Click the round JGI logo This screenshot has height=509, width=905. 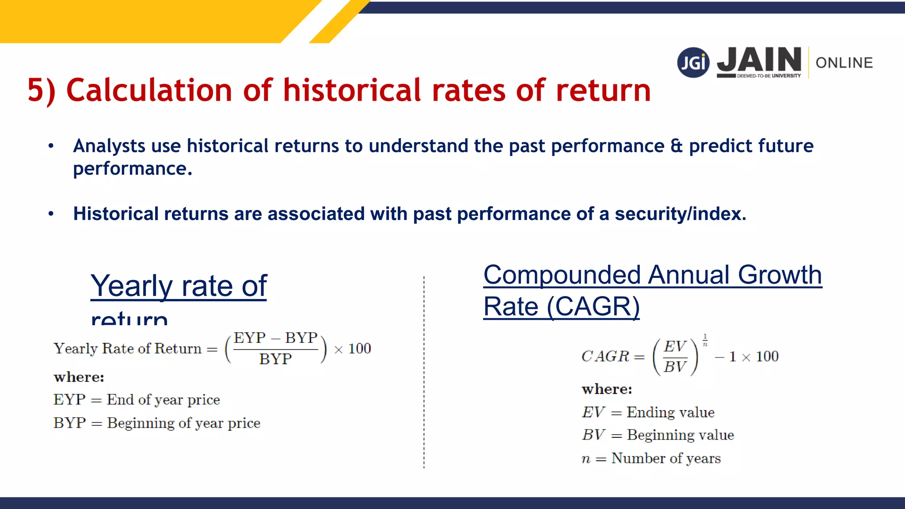tap(693, 62)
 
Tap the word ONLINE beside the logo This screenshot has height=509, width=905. tap(844, 63)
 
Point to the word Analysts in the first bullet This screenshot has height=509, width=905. tap(109, 146)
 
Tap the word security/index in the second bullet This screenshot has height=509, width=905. tap(680, 214)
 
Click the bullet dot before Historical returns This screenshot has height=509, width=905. tap(51, 214)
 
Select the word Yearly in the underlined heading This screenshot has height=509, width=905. tap(132, 286)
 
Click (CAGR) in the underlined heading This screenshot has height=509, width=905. tap(593, 307)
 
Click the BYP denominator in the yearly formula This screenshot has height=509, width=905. tap(275, 359)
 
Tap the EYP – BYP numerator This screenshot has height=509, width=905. tap(275, 338)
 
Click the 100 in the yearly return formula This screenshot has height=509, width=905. tap(359, 349)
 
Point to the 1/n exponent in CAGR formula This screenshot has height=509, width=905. tap(705, 340)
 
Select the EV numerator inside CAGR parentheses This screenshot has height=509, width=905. tap(675, 346)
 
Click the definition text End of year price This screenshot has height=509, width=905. tap(163, 400)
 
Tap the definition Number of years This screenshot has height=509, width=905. tap(665, 459)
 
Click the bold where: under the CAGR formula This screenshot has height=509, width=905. tap(607, 389)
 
